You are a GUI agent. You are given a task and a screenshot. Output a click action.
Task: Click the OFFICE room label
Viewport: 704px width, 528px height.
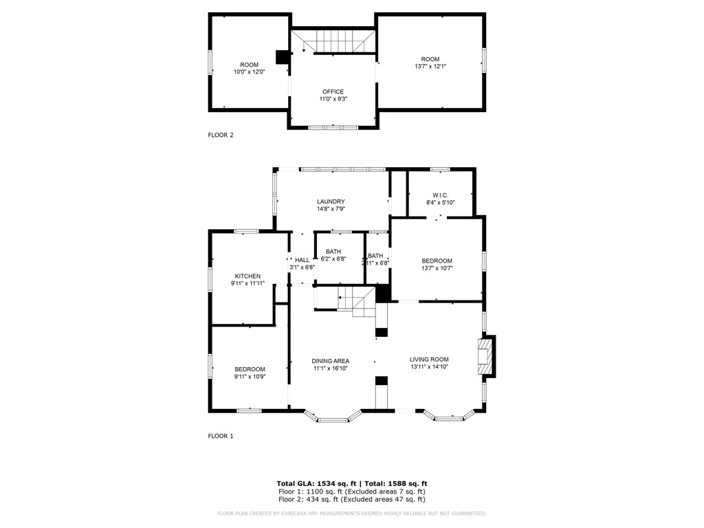click(333, 92)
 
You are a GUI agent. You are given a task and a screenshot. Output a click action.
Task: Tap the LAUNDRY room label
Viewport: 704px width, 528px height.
click(331, 201)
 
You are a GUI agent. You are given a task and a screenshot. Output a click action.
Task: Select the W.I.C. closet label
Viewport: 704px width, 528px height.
click(441, 195)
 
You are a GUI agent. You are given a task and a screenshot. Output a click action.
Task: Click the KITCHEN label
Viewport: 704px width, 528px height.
click(247, 276)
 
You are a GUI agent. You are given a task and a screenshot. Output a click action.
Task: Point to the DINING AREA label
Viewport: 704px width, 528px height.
click(331, 361)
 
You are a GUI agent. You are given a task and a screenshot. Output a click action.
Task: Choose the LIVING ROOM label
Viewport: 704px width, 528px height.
click(429, 360)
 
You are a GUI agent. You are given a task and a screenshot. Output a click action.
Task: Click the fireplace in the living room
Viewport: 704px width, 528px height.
click(486, 357)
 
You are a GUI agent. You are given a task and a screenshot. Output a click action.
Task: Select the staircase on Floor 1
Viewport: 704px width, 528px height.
click(356, 301)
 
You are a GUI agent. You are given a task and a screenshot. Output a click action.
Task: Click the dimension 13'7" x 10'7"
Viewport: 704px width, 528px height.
click(437, 268)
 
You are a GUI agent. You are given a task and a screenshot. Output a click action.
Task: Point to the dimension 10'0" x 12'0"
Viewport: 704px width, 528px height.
click(249, 71)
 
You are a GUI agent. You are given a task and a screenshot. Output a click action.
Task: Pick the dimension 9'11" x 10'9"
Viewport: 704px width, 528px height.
click(249, 376)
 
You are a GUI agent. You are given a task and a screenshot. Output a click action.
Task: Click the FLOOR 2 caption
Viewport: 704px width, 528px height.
click(221, 135)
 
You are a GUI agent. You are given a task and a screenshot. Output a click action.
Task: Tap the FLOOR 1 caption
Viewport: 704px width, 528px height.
click(221, 436)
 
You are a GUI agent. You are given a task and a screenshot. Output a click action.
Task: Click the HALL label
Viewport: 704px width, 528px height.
click(302, 260)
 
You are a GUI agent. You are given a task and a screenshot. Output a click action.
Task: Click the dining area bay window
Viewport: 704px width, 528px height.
click(333, 417)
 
